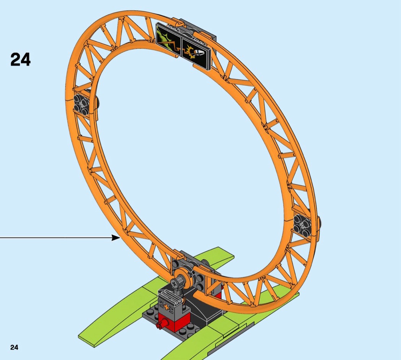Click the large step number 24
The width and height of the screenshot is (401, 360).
coord(21,59)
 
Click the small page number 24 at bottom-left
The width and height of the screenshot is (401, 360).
coord(15,347)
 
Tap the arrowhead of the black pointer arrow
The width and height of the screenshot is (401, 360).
coord(116,238)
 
